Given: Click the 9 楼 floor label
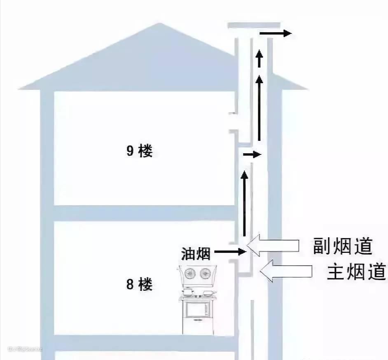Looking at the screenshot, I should pos(140,152).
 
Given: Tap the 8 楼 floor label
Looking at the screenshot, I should pos(140,284).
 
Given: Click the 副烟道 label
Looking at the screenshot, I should pos(342,246).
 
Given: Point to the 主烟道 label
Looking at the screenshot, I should pos(357,272).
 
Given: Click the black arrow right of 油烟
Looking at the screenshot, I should pos(230,251).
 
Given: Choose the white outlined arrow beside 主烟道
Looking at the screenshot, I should pos(287,271).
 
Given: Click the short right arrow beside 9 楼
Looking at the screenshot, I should pos(252,155).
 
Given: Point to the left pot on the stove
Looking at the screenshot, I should pos(187,292).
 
